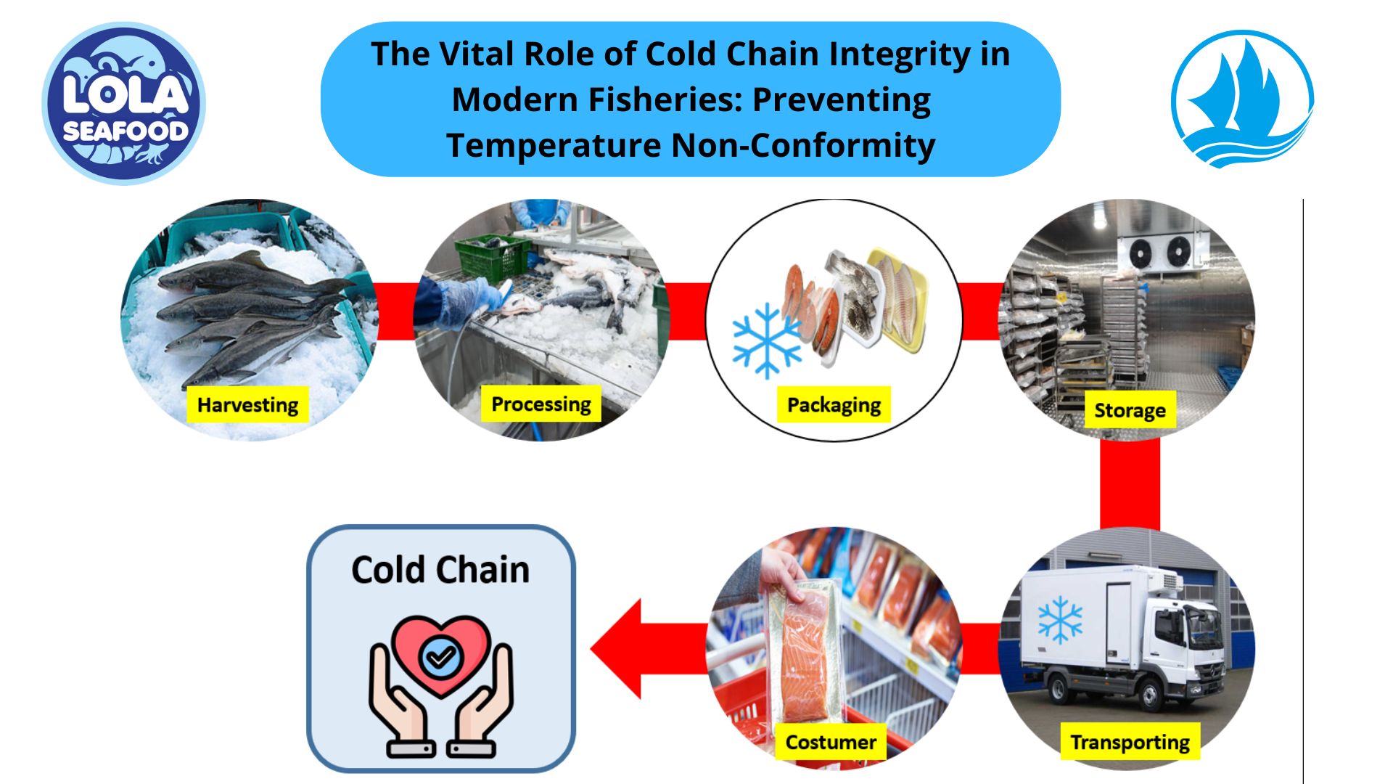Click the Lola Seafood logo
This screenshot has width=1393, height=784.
click(x=124, y=103)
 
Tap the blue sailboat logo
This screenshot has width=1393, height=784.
click(x=1242, y=99)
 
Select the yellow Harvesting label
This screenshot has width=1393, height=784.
click(x=247, y=405)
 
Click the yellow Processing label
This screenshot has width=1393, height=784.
click(x=541, y=404)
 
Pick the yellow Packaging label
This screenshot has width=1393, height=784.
click(x=834, y=405)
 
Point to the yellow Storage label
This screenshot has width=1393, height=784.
click(x=1130, y=411)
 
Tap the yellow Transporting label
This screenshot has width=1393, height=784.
click(x=1130, y=743)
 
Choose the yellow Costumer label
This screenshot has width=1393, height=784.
click(x=831, y=743)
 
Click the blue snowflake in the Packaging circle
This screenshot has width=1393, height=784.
click(x=766, y=340)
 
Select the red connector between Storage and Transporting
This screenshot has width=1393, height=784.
click(x=1130, y=483)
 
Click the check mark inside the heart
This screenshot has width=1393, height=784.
click(x=440, y=657)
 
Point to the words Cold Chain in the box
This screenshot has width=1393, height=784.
click(x=440, y=570)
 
